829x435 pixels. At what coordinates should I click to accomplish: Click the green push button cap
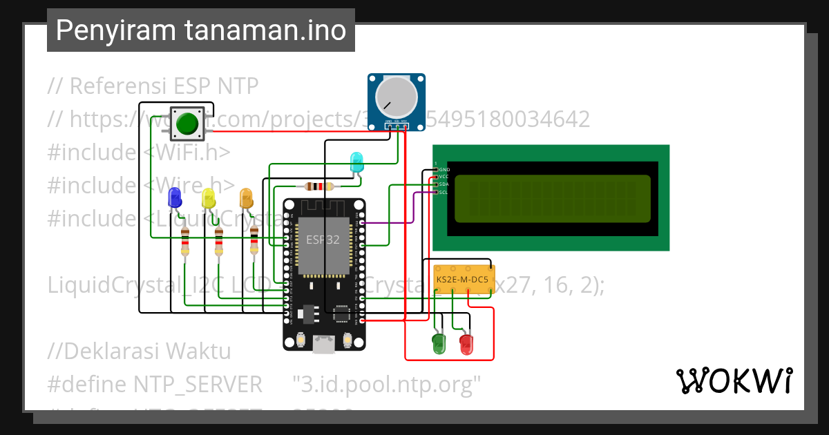pyautogui.click(x=187, y=124)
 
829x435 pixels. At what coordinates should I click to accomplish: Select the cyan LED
pyautogui.click(x=356, y=162)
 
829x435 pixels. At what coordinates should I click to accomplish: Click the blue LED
pyautogui.click(x=174, y=199)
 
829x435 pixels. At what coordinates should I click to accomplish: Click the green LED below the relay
pyautogui.click(x=439, y=344)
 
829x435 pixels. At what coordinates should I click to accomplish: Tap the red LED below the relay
pyautogui.click(x=467, y=344)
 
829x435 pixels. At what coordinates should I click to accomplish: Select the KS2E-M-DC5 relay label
pyautogui.click(x=462, y=280)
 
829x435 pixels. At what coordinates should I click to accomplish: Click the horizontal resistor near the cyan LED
pyautogui.click(x=318, y=186)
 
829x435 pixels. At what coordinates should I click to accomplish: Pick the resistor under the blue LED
pyautogui.click(x=184, y=242)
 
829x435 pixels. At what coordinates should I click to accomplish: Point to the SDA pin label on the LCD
pyautogui.click(x=444, y=184)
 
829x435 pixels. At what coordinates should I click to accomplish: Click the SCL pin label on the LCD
pyautogui.click(x=444, y=192)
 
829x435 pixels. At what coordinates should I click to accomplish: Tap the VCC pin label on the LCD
pyautogui.click(x=444, y=177)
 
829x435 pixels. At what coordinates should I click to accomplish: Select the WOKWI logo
pyautogui.click(x=734, y=380)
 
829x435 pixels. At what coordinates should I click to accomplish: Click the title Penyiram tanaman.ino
pyautogui.click(x=200, y=30)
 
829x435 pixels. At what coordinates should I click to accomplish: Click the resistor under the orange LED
pyautogui.click(x=254, y=242)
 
